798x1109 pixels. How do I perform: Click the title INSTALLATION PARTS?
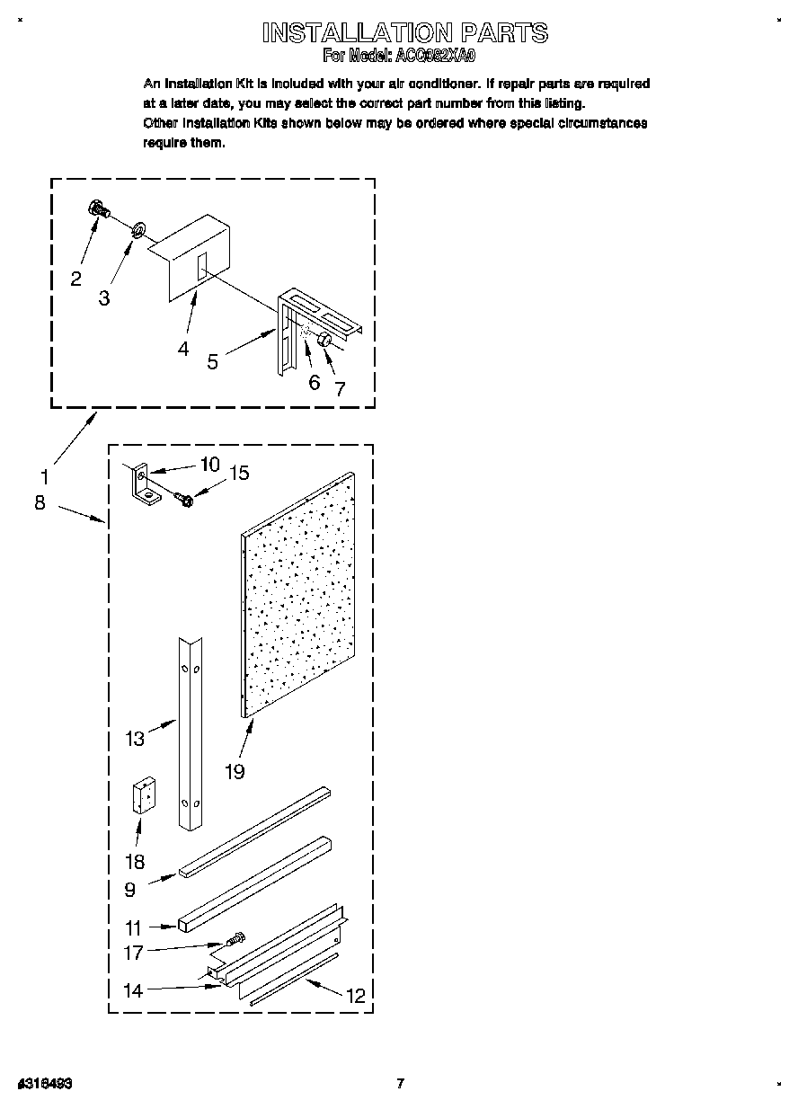pos(404,33)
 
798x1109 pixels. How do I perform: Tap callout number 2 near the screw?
pos(76,279)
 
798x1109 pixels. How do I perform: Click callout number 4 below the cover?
pos(183,349)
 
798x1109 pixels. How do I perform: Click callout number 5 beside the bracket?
pos(212,361)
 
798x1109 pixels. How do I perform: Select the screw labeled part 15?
pos(183,499)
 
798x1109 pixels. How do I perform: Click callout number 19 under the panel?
pos(235,770)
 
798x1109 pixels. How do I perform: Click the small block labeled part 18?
pos(144,796)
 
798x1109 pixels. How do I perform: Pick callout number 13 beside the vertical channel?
pos(135,739)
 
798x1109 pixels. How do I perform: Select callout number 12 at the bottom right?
pos(356,995)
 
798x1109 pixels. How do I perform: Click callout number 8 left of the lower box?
pos(40,502)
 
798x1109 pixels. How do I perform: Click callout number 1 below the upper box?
pos(45,477)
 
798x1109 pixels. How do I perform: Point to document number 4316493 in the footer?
pos(45,1084)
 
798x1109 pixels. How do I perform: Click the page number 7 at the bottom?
pos(401,1084)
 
